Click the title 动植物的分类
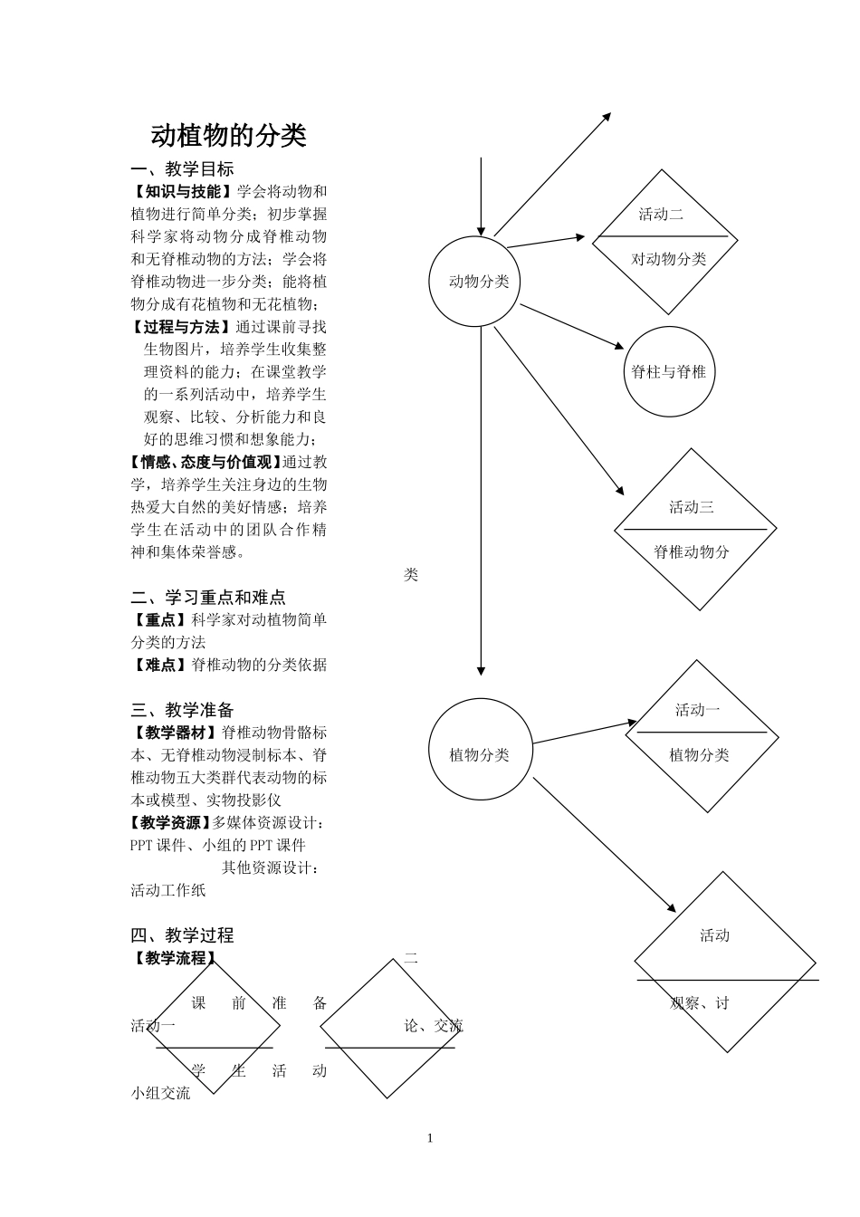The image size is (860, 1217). tap(228, 136)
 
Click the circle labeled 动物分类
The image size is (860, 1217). tap(479, 282)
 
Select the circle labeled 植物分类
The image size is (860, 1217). tap(479, 755)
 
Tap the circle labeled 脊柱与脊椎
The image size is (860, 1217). tap(668, 371)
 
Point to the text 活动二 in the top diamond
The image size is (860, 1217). tap(661, 215)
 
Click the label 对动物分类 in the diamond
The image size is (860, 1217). tap(668, 259)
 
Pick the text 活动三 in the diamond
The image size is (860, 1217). tap(692, 507)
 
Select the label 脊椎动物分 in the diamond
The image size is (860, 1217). tap(692, 552)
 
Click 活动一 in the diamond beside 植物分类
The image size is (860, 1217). tap(697, 710)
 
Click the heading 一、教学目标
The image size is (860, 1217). tap(182, 168)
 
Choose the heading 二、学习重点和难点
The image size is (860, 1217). tap(208, 597)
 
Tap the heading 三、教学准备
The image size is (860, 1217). tap(182, 710)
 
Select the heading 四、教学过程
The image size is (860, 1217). tap(182, 935)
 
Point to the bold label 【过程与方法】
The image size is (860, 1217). tap(182, 327)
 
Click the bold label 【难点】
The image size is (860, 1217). tap(160, 665)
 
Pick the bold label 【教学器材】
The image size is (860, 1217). tap(175, 733)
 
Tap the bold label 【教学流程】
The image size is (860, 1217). tap(175, 958)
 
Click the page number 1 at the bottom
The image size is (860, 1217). tap(430, 1138)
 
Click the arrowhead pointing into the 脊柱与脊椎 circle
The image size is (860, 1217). tap(620, 347)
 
